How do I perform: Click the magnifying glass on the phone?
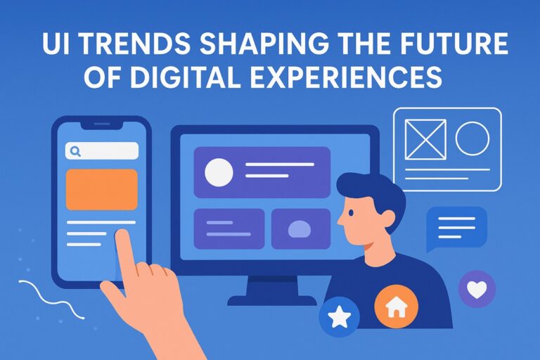pyautogui.click(x=74, y=150)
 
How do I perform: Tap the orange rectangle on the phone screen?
pyautogui.click(x=101, y=189)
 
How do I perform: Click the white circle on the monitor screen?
pyautogui.click(x=218, y=172)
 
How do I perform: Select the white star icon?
pyautogui.click(x=340, y=318)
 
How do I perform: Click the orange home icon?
pyautogui.click(x=396, y=307)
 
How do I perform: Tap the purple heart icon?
pyautogui.click(x=477, y=289)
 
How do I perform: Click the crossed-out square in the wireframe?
pyautogui.click(x=425, y=139)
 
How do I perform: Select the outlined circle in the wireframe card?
pyautogui.click(x=472, y=139)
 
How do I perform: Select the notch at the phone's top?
pyautogui.click(x=101, y=125)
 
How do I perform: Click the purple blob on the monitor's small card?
pyautogui.click(x=300, y=229)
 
